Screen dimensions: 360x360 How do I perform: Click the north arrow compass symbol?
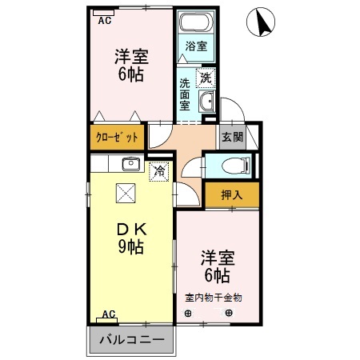tap(263, 23)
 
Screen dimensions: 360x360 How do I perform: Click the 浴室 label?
tap(197, 46)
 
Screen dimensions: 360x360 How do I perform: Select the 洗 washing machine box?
tap(206, 78)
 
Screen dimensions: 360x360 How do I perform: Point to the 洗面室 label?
tap(186, 94)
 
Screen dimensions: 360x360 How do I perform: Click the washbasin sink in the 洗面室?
tap(207, 102)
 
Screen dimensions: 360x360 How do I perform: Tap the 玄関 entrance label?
tap(232, 137)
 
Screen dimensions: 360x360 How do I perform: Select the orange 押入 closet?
tap(231, 194)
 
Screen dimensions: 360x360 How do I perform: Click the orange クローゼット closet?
tap(118, 137)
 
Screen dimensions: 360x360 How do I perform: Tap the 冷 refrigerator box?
tap(160, 170)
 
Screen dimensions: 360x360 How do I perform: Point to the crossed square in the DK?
tap(126, 193)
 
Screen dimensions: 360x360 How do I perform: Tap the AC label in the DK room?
tap(108, 314)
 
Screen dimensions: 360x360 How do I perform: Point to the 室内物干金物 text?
tap(214, 298)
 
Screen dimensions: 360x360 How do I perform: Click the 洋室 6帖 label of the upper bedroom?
tap(130, 66)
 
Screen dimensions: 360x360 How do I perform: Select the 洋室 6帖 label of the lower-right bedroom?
tap(216, 267)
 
